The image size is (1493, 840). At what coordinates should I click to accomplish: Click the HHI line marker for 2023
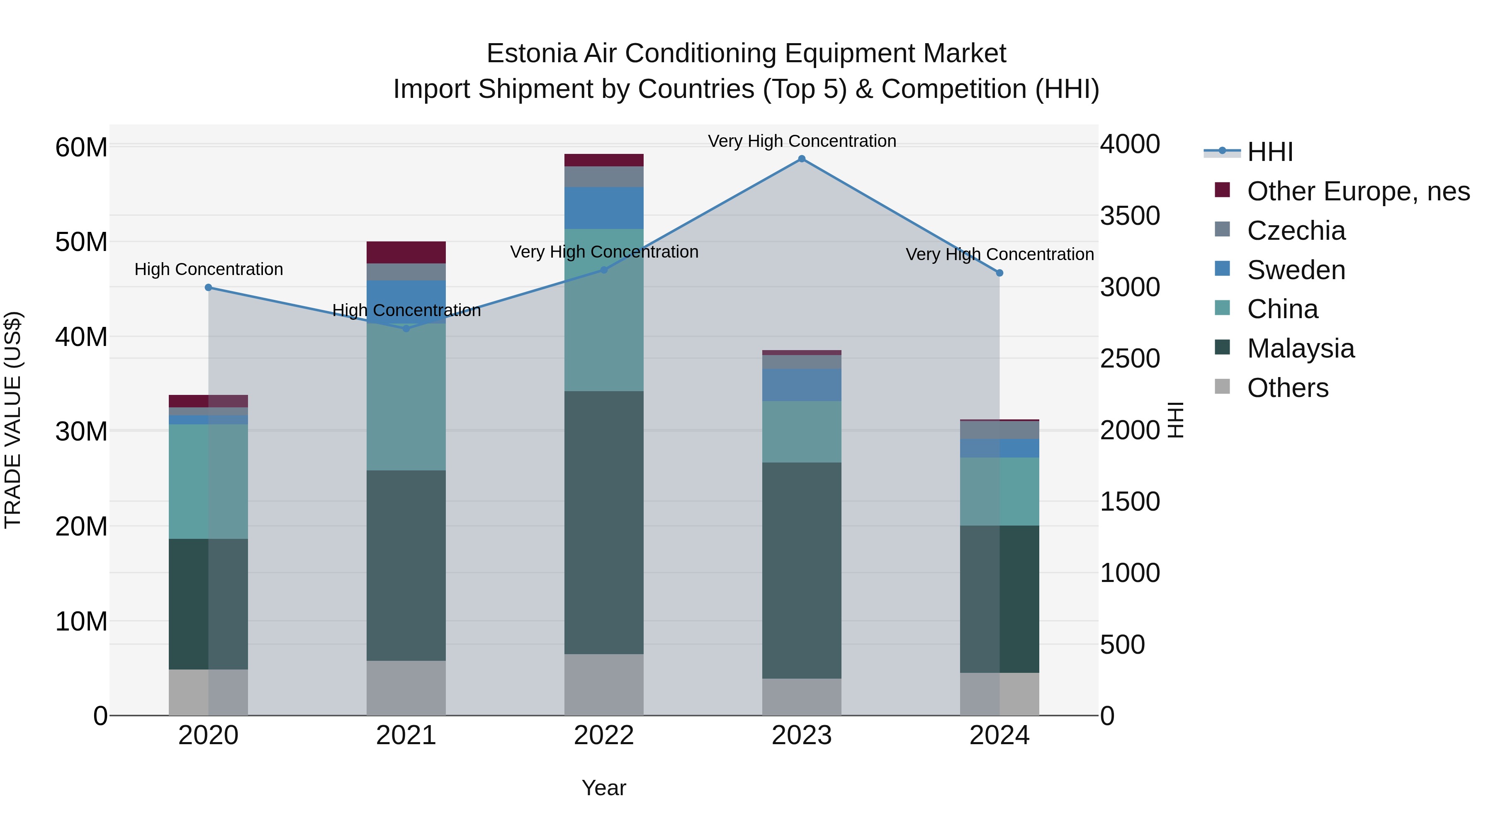[x=802, y=159]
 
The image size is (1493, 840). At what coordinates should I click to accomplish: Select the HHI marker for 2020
[x=209, y=287]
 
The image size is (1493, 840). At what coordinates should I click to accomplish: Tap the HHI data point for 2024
[x=999, y=273]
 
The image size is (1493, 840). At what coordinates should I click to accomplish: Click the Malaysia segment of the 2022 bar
[x=604, y=522]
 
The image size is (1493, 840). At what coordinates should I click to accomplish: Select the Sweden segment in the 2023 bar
[x=802, y=385]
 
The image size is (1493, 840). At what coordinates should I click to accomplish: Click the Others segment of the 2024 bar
[x=999, y=694]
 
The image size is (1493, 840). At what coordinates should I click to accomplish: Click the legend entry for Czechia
[x=1296, y=231]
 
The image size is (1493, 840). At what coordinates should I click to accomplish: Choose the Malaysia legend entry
[x=1301, y=348]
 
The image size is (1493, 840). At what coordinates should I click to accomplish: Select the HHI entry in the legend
[x=1270, y=152]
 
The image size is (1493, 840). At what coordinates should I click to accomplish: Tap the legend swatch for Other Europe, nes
[x=1222, y=190]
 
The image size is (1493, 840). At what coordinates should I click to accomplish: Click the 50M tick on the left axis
[x=81, y=242]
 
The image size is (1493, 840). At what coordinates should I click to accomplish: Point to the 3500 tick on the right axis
[x=1130, y=216]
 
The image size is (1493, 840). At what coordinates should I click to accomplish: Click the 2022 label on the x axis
[x=604, y=735]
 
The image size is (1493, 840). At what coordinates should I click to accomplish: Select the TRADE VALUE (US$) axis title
[x=13, y=420]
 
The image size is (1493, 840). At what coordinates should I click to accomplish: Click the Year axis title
[x=604, y=788]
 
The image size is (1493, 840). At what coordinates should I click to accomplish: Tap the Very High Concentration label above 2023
[x=802, y=141]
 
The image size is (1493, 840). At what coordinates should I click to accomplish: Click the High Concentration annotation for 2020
[x=209, y=270]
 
